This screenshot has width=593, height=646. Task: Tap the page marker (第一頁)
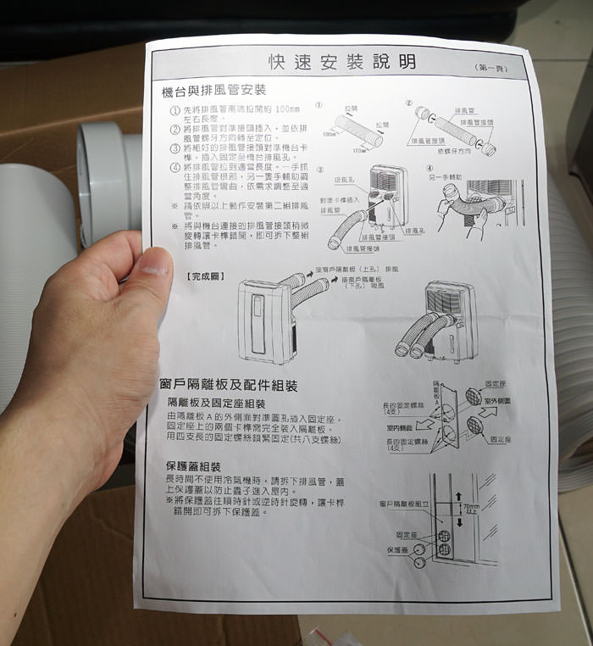492,67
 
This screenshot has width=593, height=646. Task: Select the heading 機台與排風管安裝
213,90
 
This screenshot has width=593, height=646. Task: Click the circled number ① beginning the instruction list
175,111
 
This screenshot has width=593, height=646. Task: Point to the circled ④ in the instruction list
175,167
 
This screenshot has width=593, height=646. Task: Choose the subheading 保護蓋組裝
194,467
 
